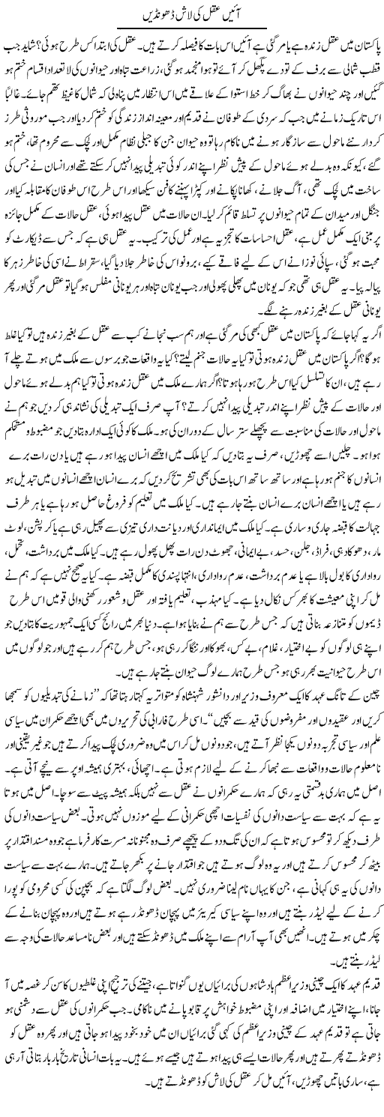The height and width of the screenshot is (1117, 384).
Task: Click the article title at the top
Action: click(x=191, y=13)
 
